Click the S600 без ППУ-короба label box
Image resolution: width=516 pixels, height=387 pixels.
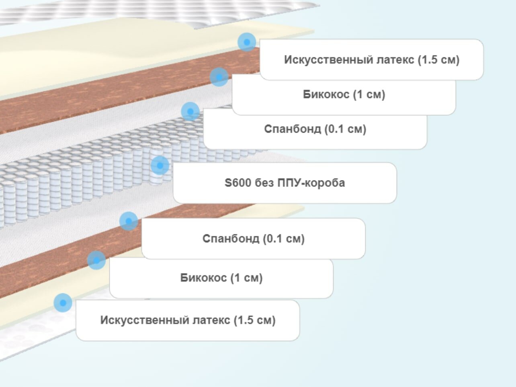285,183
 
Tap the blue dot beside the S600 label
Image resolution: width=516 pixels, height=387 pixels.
160,165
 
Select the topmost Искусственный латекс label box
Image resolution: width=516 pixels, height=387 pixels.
371,59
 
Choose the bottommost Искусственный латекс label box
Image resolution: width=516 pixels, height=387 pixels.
188,320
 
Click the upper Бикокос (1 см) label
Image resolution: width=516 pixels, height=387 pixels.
344,95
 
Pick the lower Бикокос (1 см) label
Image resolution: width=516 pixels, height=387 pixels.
221,278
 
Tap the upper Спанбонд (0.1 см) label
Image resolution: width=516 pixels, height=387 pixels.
315,129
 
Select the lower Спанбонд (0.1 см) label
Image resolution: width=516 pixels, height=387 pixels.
253,239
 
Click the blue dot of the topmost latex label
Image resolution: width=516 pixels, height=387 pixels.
247,42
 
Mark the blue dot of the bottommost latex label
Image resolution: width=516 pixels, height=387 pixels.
63,303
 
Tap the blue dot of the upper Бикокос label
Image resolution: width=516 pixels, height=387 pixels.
219,77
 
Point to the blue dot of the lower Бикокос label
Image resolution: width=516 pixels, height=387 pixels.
96,260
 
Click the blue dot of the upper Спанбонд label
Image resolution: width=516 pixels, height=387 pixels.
190,111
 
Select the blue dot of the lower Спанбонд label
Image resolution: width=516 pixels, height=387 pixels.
129,221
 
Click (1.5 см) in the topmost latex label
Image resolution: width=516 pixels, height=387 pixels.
438,59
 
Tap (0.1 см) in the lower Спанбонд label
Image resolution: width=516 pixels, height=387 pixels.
284,239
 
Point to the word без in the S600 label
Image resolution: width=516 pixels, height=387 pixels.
264,183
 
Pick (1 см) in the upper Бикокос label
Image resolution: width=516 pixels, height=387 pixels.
369,95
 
